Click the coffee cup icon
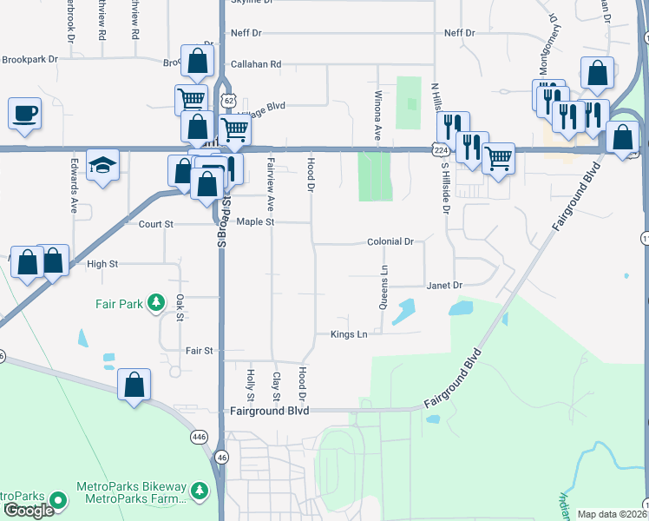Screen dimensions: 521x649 pyautogui.click(x=24, y=113)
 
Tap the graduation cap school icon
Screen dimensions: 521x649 pyautogui.click(x=103, y=166)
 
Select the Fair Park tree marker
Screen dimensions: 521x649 pyautogui.click(x=156, y=303)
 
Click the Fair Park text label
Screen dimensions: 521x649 pyautogui.click(x=119, y=304)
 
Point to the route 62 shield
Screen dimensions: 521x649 pyautogui.click(x=227, y=101)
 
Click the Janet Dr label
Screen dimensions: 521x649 pyautogui.click(x=444, y=285)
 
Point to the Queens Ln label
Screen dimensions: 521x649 pyautogui.click(x=383, y=287)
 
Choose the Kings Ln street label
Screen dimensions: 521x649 pyautogui.click(x=349, y=334)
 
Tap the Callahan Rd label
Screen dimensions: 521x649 pyautogui.click(x=256, y=64)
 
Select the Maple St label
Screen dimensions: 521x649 pyautogui.click(x=256, y=222)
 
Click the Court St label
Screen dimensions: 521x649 pyautogui.click(x=156, y=224)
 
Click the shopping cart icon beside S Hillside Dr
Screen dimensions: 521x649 pyautogui.click(x=498, y=158)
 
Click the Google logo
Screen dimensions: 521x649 pyautogui.click(x=29, y=511)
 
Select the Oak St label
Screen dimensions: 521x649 pyautogui.click(x=180, y=307)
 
